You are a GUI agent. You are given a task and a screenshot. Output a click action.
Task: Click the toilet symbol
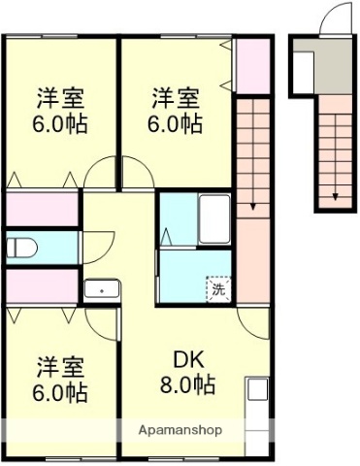point(20,248)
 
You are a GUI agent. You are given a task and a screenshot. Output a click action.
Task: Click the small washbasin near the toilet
point(100,288)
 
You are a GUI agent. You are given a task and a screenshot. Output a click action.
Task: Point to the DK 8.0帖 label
point(187,371)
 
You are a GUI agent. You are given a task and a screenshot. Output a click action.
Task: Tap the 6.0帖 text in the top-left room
point(61,123)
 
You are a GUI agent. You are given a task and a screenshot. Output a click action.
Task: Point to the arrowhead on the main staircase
point(250,204)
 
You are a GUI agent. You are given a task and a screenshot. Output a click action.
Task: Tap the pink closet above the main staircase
point(253,65)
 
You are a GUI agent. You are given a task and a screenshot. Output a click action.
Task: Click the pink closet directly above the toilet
point(42,210)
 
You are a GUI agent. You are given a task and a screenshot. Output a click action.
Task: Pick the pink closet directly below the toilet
point(42,285)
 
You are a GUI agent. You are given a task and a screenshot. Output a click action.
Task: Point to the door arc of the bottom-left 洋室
point(100,321)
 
